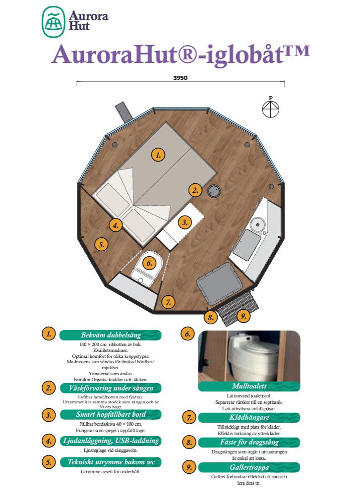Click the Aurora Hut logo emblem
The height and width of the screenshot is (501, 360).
coord(54,22)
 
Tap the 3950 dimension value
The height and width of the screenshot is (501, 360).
coord(180,78)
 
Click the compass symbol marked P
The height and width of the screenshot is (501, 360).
coord(270,108)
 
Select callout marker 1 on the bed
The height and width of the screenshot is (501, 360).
coord(158,155)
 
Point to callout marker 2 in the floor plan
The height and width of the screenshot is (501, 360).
coord(195,190)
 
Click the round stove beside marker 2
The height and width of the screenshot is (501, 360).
coord(214,191)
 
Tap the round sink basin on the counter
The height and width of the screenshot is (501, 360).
coord(258,223)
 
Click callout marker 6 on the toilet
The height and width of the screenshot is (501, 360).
coord(149,263)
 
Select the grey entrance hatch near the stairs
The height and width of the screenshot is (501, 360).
coord(219,283)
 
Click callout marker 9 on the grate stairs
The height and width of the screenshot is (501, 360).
coord(243,316)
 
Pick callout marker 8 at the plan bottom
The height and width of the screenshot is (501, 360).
coord(211,317)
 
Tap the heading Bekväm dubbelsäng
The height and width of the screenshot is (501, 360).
coord(111,335)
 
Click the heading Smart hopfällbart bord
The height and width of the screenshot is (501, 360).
coord(111,414)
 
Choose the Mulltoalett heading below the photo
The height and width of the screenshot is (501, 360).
coord(249,386)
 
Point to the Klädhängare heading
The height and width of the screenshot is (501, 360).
coord(249,417)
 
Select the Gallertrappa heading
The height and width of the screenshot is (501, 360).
coord(249,467)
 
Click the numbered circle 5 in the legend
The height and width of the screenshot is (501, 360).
coord(49,462)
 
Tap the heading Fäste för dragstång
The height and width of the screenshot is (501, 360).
coord(249,442)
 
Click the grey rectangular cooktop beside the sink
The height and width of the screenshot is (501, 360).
coord(246,244)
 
